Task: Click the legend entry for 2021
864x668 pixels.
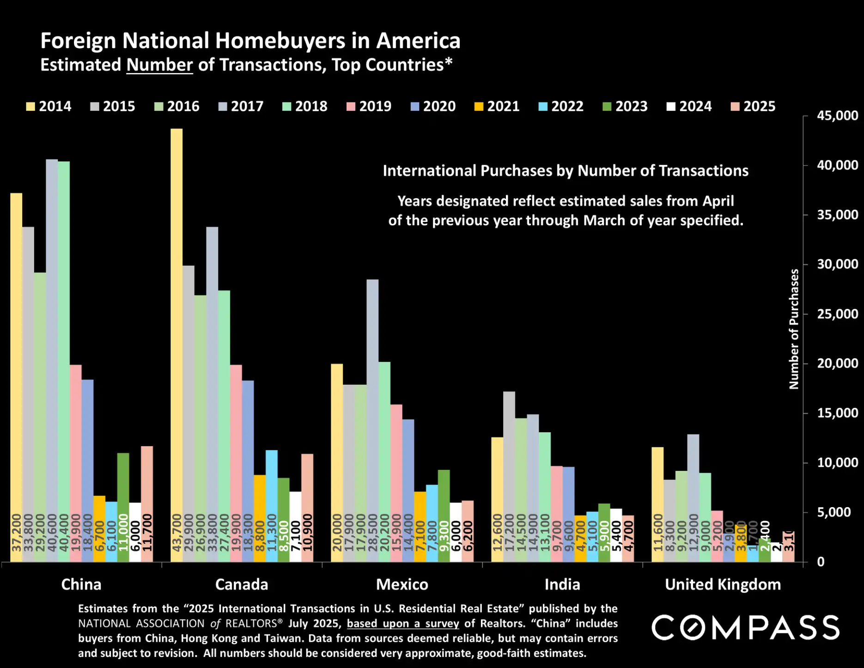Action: pyautogui.click(x=497, y=106)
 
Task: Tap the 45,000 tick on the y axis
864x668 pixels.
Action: pyautogui.click(x=837, y=116)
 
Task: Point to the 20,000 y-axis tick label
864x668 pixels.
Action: pyautogui.click(x=837, y=363)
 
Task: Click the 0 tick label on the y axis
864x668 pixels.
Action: pyautogui.click(x=821, y=562)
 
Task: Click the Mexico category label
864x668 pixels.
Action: pyautogui.click(x=402, y=584)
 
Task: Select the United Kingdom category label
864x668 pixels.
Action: pyautogui.click(x=723, y=584)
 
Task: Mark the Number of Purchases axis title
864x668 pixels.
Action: pyautogui.click(x=794, y=329)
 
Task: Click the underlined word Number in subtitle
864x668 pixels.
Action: pyautogui.click(x=159, y=65)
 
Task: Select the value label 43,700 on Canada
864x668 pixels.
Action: pyautogui.click(x=176, y=533)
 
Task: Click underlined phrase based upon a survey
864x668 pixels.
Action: pyautogui.click(x=403, y=623)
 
